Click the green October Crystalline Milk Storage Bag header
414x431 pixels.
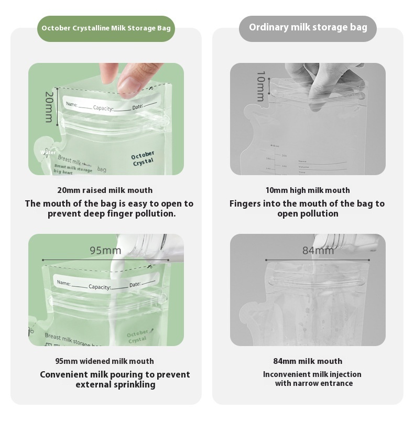coord(106,28)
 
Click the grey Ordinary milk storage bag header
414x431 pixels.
coord(308,28)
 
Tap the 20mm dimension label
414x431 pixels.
coord(48,107)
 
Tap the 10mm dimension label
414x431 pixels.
coord(260,86)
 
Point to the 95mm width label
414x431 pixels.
coord(105,251)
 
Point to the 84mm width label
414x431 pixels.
coord(318,251)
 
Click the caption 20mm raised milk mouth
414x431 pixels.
coord(105,190)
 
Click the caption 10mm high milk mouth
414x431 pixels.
coord(308,190)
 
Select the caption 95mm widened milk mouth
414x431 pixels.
coord(105,361)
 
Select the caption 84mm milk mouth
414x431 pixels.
coord(308,361)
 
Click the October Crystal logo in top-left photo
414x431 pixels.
coord(143,158)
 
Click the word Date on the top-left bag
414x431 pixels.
coord(137,107)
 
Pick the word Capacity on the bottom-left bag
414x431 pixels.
coord(100,287)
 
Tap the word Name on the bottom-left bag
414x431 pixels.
coord(63,283)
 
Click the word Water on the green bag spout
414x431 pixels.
coord(48,153)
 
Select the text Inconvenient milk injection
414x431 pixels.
coord(312,374)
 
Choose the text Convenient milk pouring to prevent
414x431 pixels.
coord(115,374)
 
